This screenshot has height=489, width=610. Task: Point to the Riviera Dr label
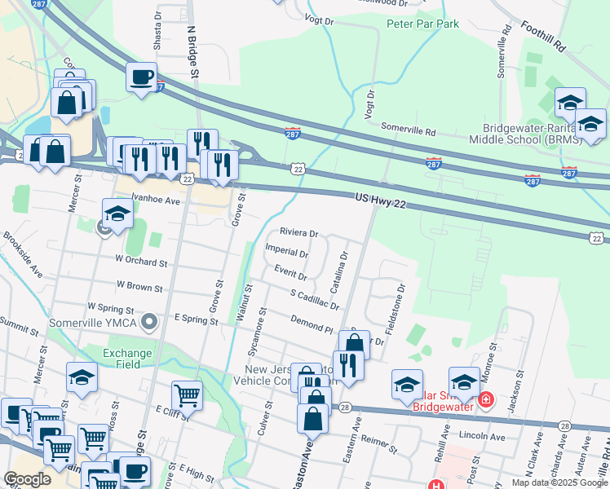[298, 232]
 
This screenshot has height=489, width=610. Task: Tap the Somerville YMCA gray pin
[148, 323]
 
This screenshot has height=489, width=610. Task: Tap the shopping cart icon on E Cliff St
[188, 395]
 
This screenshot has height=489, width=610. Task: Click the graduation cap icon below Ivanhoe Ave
[117, 214]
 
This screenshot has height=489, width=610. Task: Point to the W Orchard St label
[141, 263]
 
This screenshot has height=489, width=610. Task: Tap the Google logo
[28, 479]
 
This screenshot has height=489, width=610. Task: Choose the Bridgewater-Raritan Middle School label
[531, 134]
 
